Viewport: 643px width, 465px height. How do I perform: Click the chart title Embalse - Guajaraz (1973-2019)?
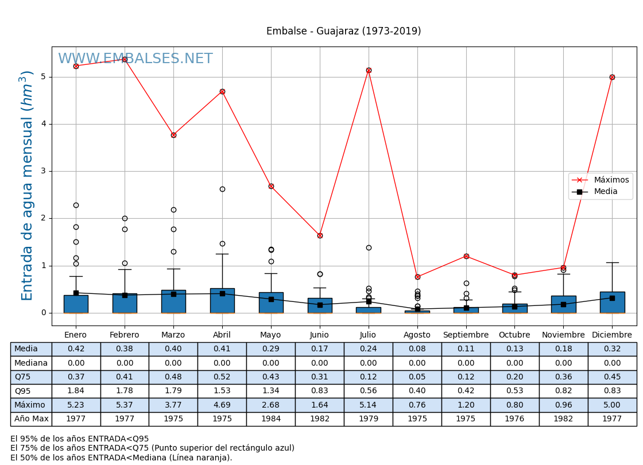[x=343, y=32]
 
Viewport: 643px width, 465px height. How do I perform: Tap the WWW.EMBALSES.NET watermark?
[x=135, y=59]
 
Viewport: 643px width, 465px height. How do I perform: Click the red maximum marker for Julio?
[x=369, y=71]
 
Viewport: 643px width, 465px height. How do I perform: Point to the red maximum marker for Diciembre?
[x=612, y=77]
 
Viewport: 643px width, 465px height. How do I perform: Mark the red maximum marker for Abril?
[x=222, y=92]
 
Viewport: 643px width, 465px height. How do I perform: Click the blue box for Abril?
[x=222, y=301]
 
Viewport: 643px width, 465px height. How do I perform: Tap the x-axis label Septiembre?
[x=466, y=335]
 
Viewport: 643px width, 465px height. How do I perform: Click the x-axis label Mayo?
[x=271, y=335]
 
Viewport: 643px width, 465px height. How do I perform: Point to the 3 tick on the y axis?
[x=44, y=171]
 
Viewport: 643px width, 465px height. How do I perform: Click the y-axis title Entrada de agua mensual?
[x=28, y=185]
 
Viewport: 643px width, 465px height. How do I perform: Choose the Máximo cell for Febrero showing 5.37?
[x=125, y=405]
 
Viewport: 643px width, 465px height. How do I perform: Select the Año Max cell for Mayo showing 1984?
[x=271, y=419]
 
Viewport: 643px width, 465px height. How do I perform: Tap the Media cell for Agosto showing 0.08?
[x=417, y=349]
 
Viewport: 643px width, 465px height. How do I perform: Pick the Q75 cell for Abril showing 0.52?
[x=222, y=377]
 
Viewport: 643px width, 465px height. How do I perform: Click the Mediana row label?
[x=31, y=363]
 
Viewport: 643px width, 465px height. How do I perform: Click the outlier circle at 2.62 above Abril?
[x=222, y=189]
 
